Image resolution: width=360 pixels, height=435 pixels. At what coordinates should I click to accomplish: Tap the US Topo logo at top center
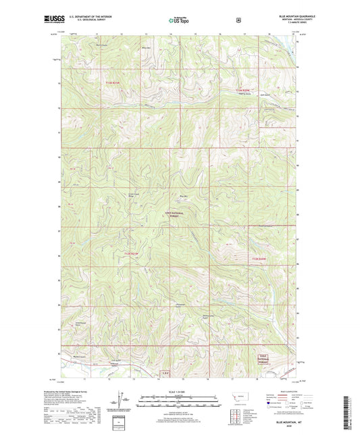pyautogui.click(x=179, y=21)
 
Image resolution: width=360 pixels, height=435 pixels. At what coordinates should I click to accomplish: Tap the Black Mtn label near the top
pyautogui.click(x=145, y=47)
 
